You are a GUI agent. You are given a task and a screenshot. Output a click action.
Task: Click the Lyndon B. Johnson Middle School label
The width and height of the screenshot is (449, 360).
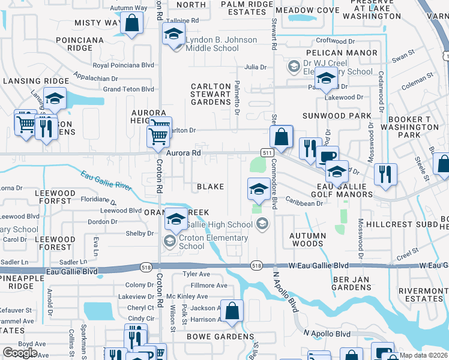[221, 44]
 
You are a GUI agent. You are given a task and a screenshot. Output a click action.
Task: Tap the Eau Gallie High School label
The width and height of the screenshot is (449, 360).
[219, 224]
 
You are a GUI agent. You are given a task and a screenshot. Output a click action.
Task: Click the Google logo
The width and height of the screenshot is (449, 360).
[20, 353]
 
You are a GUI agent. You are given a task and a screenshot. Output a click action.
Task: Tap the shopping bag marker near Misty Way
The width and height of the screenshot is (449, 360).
[132, 25]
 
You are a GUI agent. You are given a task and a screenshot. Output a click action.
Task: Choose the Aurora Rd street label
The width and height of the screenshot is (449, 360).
[183, 154]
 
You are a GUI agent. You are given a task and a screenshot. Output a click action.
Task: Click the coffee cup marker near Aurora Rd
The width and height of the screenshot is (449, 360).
[327, 157]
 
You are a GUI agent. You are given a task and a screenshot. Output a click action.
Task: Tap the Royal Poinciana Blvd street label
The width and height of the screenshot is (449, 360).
[124, 65]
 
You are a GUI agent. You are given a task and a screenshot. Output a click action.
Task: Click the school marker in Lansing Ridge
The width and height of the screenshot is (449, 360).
[55, 99]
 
